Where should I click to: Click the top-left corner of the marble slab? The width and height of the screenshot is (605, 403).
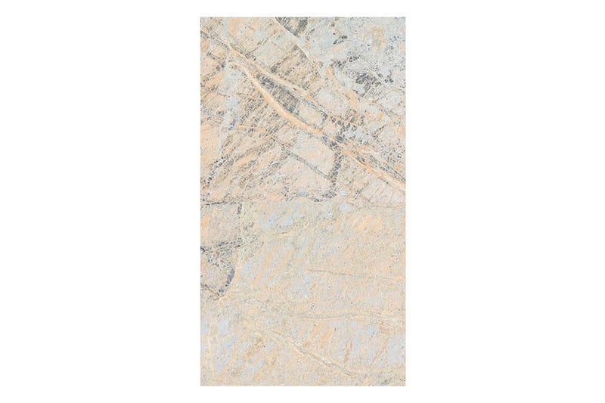point(201,18)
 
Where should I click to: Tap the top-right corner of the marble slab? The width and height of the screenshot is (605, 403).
point(405,18)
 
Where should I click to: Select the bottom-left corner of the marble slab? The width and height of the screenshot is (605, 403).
point(201,385)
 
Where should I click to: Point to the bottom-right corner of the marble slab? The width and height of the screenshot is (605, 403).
point(405,385)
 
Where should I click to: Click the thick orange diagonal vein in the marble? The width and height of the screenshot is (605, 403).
point(302,113)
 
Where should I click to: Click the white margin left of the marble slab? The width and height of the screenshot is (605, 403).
point(98,201)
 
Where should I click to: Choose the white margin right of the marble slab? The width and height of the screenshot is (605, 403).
point(507,201)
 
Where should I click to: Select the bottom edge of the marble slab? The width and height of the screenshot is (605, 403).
point(302,385)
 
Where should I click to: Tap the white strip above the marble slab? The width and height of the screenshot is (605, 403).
point(302,8)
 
